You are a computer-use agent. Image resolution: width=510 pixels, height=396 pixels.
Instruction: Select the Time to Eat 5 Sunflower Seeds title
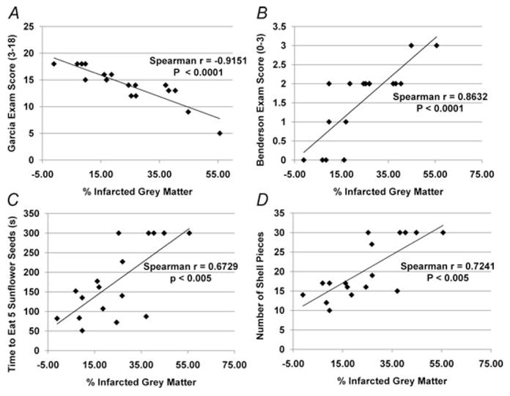10,282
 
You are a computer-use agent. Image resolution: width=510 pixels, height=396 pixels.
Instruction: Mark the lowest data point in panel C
82,331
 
